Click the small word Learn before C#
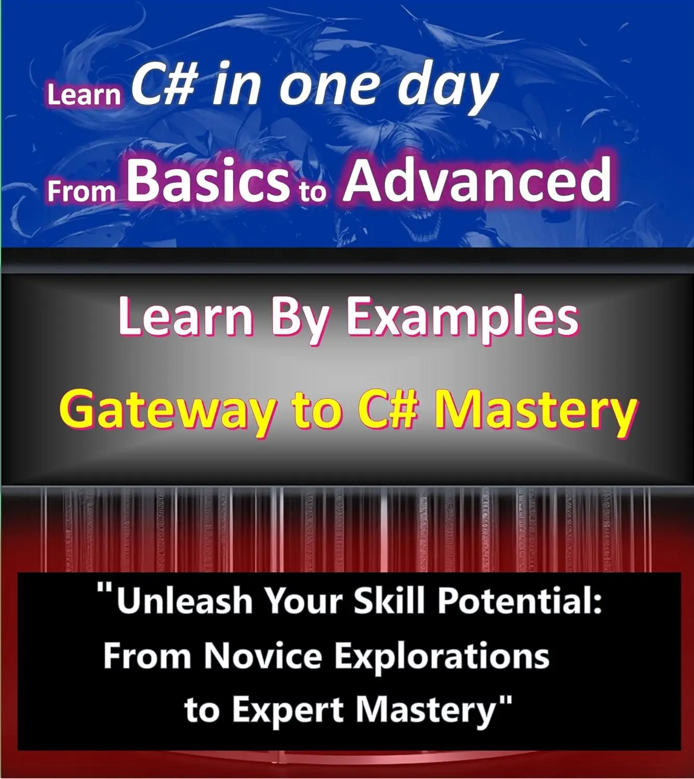coord(84,95)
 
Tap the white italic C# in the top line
coord(165,84)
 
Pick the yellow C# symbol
coord(386,408)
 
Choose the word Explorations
coord(442,658)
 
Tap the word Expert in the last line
coord(288,712)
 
